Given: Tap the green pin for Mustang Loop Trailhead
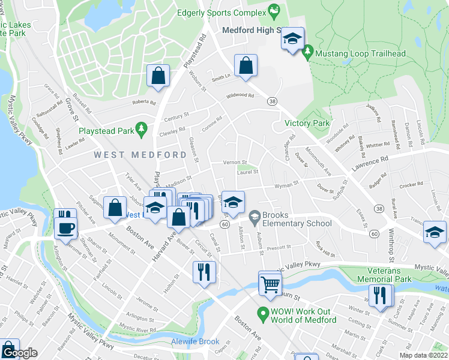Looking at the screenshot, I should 308,53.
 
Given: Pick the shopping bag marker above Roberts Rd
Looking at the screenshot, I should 157,76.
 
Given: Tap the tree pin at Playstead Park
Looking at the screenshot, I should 141,128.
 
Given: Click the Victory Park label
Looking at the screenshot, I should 307,123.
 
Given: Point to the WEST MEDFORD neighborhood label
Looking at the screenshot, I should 140,155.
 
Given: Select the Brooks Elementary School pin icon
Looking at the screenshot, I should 255,215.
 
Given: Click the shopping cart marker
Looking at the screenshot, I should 270,283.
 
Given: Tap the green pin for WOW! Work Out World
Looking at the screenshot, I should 262,313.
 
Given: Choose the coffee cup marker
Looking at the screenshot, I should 65,229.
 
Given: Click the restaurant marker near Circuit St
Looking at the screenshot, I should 204,273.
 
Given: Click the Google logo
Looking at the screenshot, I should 19,353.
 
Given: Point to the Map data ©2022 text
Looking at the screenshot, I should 424,355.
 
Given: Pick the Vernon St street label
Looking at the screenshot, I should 235,163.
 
